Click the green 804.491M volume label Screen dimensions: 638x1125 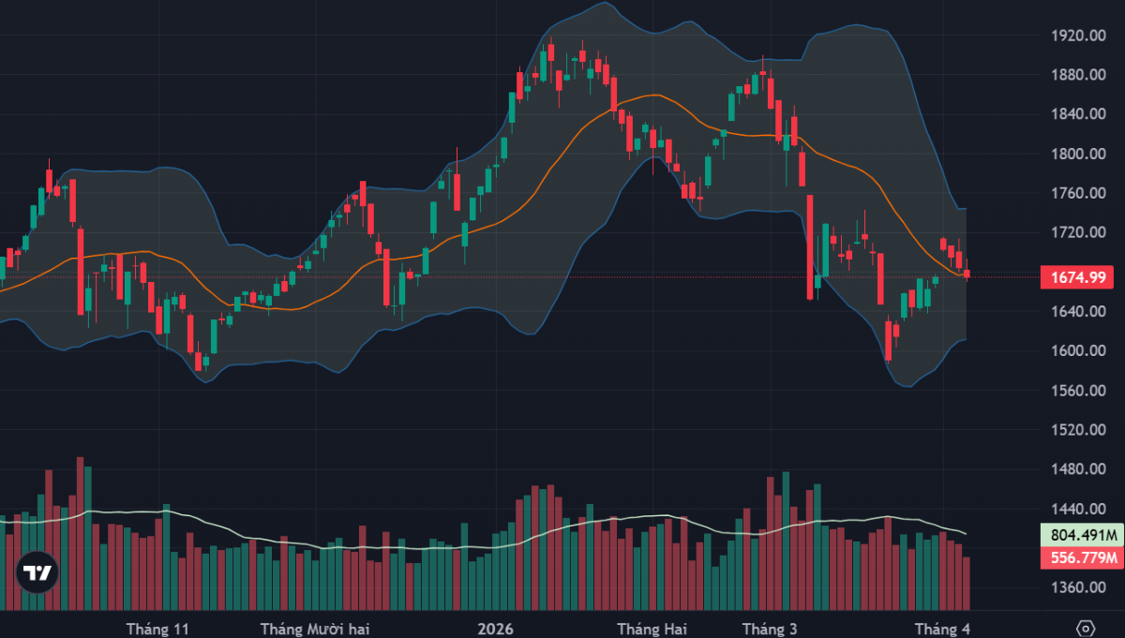[1080, 536]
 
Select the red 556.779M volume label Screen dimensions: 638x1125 [1080, 558]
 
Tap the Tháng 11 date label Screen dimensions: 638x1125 [157, 628]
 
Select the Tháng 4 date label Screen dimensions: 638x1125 [941, 628]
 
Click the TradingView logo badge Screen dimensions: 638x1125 [37, 572]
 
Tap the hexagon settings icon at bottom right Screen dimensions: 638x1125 [1085, 628]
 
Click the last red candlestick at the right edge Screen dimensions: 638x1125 [967, 273]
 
